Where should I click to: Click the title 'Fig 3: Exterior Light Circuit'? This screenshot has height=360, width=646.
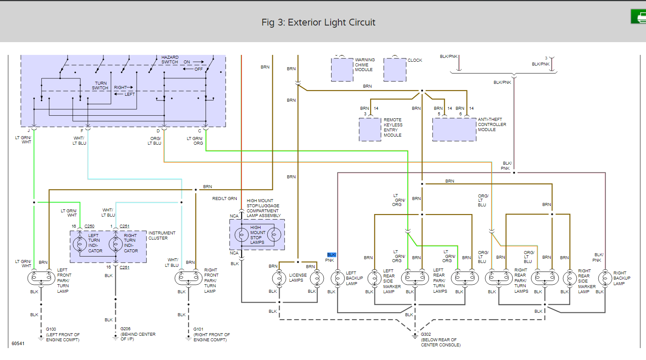click(x=318, y=23)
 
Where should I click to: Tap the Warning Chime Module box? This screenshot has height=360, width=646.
click(x=342, y=69)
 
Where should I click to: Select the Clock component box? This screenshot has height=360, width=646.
click(x=394, y=69)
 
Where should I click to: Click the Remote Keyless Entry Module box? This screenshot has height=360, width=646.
click(x=370, y=129)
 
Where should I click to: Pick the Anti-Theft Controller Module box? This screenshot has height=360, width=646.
click(x=454, y=129)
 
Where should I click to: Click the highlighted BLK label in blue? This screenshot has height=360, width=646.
click(x=332, y=255)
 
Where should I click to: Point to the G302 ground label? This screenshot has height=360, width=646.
click(x=426, y=334)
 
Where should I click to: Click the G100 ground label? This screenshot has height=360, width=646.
click(x=51, y=329)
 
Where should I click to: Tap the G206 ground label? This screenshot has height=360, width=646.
click(x=125, y=329)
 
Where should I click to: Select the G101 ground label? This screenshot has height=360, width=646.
click(x=198, y=329)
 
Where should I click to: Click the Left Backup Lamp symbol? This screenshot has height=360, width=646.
click(x=337, y=278)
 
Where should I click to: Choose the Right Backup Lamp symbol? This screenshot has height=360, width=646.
click(x=605, y=278)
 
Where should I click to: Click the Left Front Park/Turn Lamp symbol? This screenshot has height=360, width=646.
click(x=41, y=278)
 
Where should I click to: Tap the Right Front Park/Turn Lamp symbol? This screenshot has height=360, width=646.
click(x=189, y=278)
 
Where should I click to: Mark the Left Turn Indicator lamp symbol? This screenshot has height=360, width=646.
click(x=80, y=244)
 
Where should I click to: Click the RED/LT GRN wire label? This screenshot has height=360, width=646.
click(x=225, y=199)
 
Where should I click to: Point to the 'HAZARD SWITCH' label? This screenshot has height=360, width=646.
click(x=170, y=60)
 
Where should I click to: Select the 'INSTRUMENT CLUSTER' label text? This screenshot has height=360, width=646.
click(x=162, y=236)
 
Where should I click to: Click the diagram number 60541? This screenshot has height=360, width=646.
click(x=18, y=343)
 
